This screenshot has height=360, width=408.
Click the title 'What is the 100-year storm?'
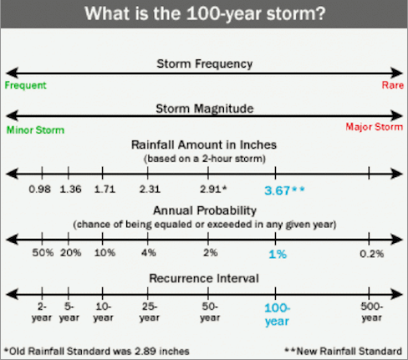pos(205,13)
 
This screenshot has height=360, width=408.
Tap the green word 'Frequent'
pos(26,85)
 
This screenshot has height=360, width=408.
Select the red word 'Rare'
pos(393,85)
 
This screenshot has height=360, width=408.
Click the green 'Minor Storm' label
pos(35,130)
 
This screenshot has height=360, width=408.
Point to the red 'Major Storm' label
pos(375,127)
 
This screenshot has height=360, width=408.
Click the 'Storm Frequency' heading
pos(205,63)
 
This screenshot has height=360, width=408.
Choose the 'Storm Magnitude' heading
pos(205,109)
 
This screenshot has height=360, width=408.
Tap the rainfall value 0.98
pos(40,190)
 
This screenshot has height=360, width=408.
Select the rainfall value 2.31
pos(150,190)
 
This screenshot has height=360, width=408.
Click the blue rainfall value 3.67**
pos(284,190)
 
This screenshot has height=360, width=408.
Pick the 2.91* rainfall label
pos(213,190)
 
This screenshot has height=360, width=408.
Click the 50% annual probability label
pos(43,252)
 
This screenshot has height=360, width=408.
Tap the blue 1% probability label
pos(278,254)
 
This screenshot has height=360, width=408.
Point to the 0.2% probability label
pos(372,254)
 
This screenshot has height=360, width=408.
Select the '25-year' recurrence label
pos(150,312)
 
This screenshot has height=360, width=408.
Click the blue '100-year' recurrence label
pos(278,315)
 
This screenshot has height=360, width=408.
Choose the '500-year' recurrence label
pos(372,312)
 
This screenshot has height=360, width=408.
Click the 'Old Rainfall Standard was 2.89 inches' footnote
pos(97,351)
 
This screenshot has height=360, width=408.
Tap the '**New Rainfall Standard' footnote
pos(344,351)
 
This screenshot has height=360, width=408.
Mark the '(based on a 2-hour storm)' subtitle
pos(205,159)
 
